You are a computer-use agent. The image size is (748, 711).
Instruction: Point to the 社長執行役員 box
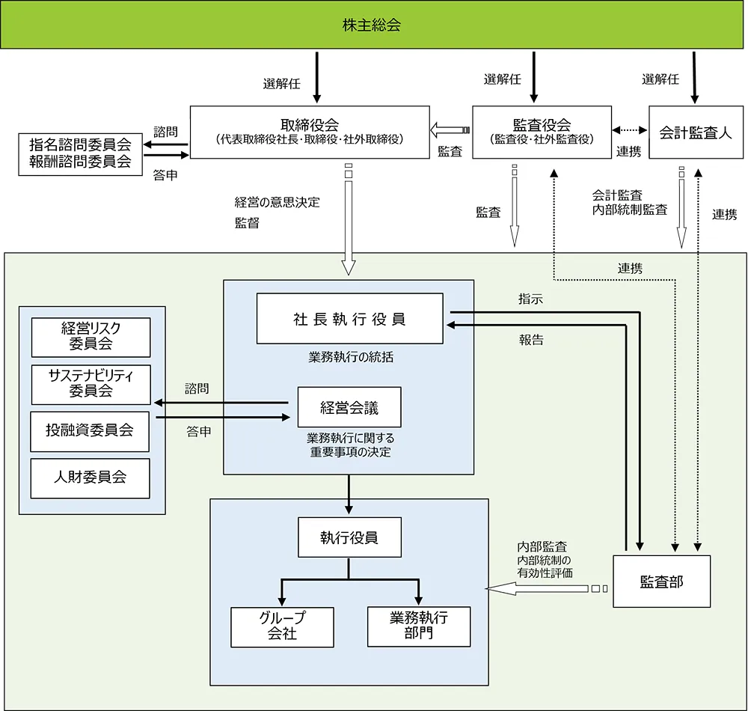click(x=349, y=320)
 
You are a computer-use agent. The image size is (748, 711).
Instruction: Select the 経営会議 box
click(x=349, y=407)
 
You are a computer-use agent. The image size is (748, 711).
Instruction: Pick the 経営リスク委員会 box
click(x=91, y=337)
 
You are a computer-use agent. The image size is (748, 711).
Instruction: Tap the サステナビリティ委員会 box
click(x=91, y=383)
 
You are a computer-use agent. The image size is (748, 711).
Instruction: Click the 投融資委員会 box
click(x=91, y=430)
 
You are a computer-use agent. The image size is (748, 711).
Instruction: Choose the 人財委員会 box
click(x=91, y=477)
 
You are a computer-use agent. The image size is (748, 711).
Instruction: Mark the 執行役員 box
click(x=349, y=537)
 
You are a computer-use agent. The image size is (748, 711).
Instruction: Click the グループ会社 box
click(x=280, y=626)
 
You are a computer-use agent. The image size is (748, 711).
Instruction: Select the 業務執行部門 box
click(x=419, y=626)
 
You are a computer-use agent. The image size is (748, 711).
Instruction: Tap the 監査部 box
click(x=661, y=581)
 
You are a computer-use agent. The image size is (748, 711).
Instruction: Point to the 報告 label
click(x=531, y=339)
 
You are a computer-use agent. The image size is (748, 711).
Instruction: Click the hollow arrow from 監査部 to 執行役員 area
click(x=539, y=589)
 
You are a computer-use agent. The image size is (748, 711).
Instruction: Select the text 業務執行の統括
click(x=350, y=357)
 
